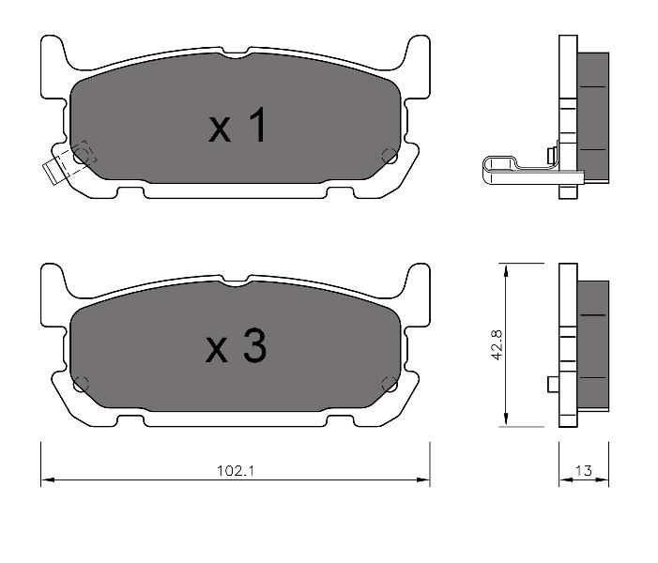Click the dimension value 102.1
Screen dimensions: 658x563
click(236, 471)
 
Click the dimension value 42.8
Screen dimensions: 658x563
click(497, 345)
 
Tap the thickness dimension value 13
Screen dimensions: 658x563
click(583, 471)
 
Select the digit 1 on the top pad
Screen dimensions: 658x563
click(257, 125)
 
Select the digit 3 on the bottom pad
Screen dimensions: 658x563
click(254, 345)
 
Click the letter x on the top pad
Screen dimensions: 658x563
click(220, 129)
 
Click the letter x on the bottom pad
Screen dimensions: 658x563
click(217, 350)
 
